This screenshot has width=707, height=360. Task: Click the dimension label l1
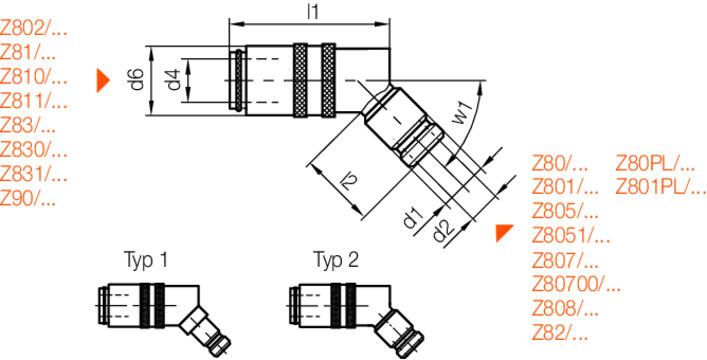[x=312, y=12]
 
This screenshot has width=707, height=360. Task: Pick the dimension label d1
[x=413, y=217]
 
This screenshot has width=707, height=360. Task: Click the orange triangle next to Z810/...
[x=102, y=81]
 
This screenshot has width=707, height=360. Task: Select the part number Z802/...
[x=34, y=30]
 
